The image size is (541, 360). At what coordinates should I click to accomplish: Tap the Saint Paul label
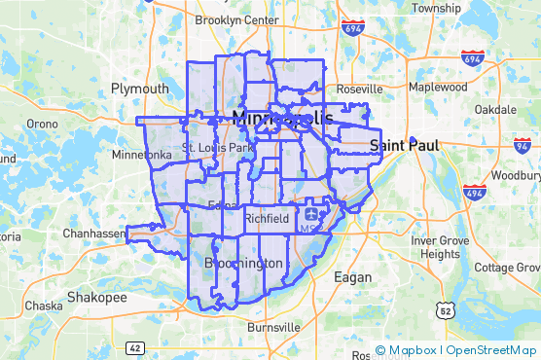405,145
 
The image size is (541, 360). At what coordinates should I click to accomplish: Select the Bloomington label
244,264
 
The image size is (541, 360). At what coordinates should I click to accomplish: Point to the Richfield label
266,219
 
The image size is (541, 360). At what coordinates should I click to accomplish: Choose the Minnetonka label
142,155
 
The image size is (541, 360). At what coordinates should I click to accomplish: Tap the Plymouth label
139,89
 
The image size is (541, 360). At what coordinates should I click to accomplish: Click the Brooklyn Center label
236,19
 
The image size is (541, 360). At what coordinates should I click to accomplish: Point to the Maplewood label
438,87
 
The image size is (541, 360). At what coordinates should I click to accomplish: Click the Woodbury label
516,176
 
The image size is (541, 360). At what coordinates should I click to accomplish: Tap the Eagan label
352,277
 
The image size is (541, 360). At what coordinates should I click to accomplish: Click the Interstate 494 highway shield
475,192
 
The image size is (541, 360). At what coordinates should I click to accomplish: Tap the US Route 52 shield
445,309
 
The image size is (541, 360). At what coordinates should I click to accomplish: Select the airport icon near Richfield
310,211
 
